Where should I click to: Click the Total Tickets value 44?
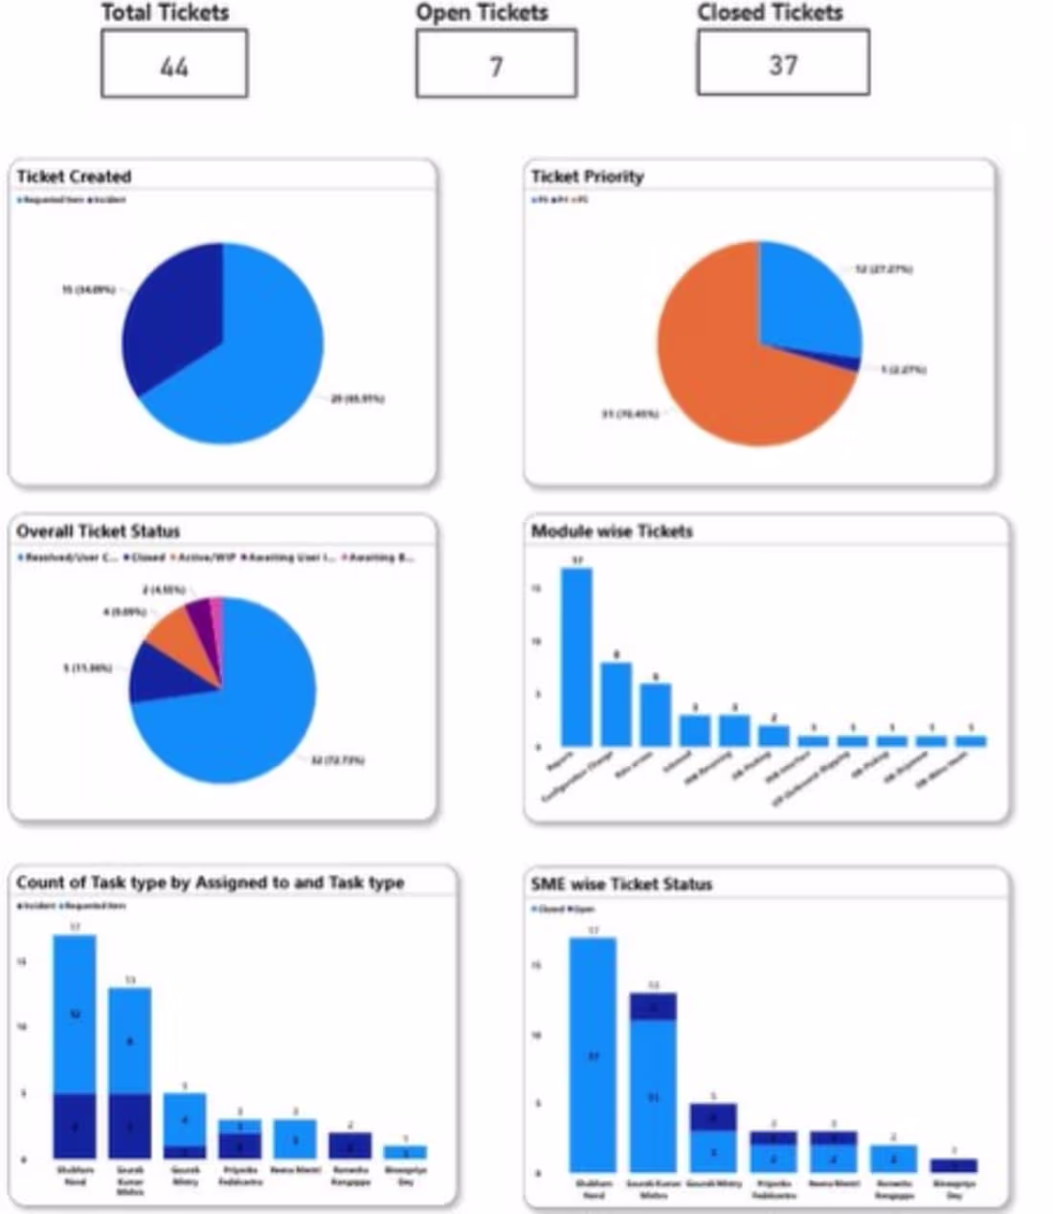point(174,65)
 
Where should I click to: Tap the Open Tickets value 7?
point(496,65)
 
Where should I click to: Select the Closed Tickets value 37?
point(783,64)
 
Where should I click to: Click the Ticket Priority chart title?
point(587,176)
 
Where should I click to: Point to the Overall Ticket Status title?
point(98,530)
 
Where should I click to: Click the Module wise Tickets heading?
point(612,530)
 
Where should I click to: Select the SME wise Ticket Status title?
point(621,884)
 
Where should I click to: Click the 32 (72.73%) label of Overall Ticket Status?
point(337,760)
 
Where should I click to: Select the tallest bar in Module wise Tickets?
point(576,657)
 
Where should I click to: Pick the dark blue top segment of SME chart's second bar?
point(653,1006)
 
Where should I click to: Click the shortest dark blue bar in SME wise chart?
point(953,1165)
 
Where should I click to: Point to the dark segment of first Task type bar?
point(75,1126)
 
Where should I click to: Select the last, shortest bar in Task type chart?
point(405,1152)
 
